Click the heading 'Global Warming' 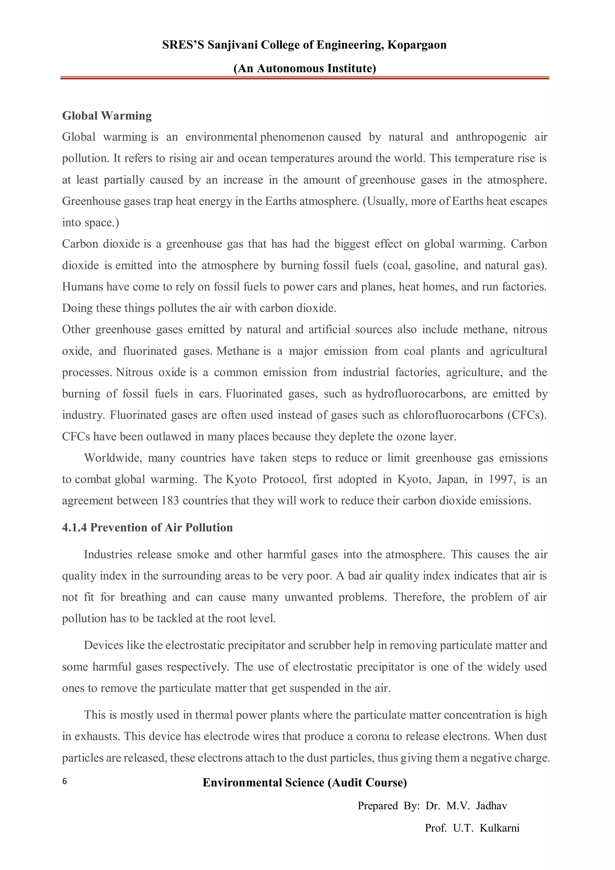click(x=107, y=116)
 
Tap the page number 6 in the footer click(x=65, y=782)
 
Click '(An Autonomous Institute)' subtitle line click(x=305, y=68)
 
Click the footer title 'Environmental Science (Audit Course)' click(x=305, y=783)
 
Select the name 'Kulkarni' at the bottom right click(x=499, y=828)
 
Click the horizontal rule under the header click(x=305, y=78)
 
